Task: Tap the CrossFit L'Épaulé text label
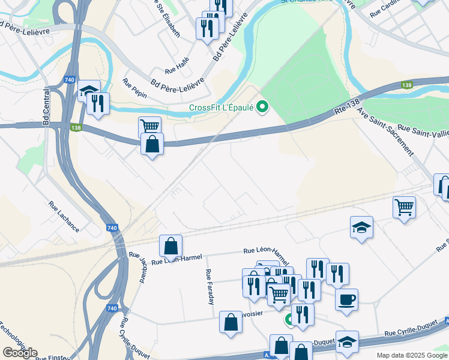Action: tap(220, 108)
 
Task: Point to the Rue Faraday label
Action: tap(210, 287)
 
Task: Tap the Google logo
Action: tap(20, 353)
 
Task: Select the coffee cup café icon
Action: tap(346, 299)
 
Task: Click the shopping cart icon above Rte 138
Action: tap(149, 125)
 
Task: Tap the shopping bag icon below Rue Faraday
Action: tap(231, 322)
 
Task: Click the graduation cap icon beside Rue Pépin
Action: tap(89, 90)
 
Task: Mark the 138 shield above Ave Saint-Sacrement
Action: tap(407, 86)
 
